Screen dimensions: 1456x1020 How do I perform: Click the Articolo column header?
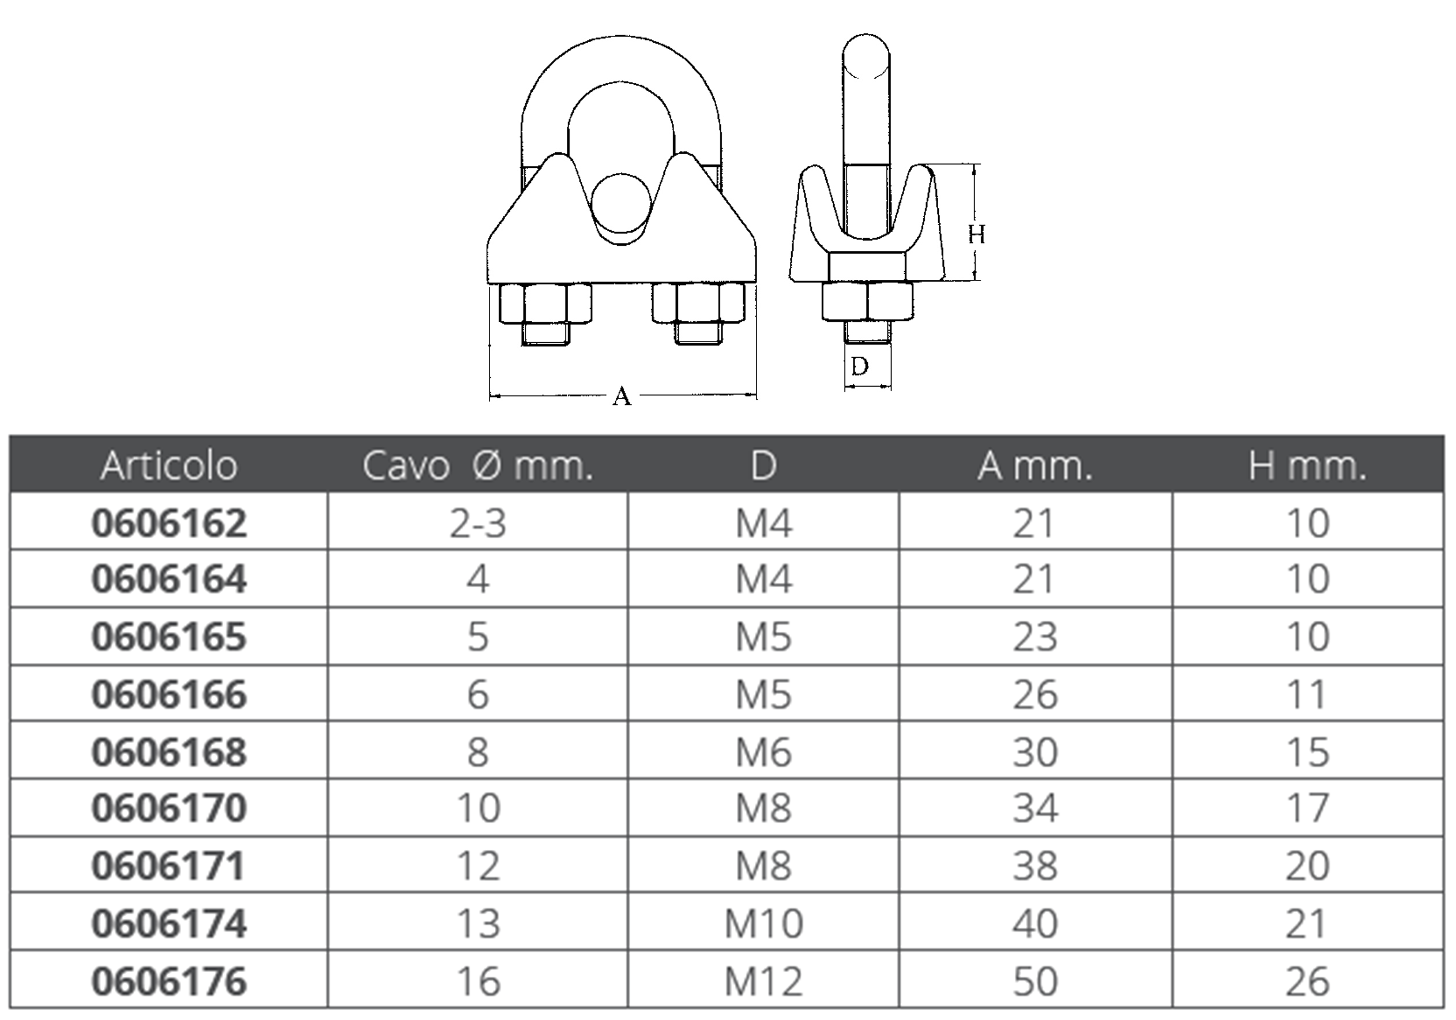pos(169,466)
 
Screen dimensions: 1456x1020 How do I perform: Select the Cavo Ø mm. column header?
pos(477,466)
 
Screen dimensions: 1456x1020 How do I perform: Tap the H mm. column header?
pos(1308,466)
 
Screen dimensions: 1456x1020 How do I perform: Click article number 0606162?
pos(169,523)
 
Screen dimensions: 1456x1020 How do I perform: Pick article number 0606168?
pos(169,752)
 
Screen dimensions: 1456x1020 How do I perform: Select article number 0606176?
pos(169,981)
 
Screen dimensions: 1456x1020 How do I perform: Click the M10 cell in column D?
pos(763,924)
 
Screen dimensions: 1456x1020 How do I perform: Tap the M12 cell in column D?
pos(763,981)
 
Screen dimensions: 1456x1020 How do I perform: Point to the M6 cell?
pos(763,752)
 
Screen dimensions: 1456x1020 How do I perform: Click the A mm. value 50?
pos(1035,981)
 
